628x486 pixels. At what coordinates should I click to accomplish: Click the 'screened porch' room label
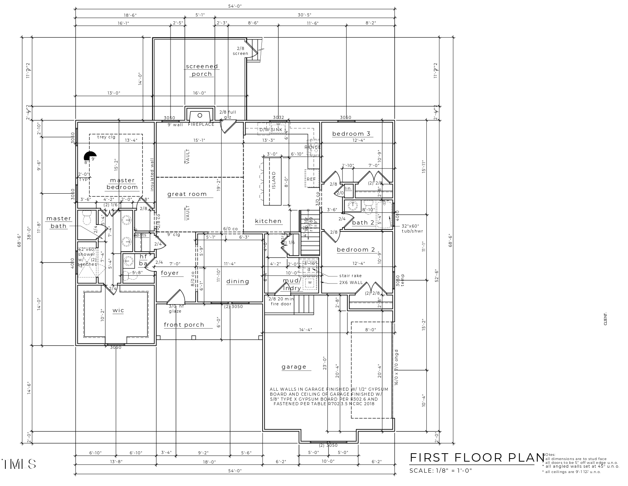(x=202, y=70)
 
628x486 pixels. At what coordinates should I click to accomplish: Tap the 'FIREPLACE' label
(x=201, y=125)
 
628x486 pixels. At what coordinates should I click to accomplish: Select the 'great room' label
(x=187, y=194)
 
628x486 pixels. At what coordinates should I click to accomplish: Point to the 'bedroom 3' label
(x=351, y=134)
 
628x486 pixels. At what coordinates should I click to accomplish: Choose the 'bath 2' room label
(x=363, y=223)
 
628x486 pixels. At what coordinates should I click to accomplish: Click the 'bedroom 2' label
(x=355, y=250)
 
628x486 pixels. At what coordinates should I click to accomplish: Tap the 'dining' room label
(x=237, y=281)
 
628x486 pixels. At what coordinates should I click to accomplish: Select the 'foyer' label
(x=169, y=273)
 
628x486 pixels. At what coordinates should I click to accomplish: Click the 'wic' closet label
(x=118, y=310)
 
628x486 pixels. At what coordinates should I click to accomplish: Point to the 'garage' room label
(x=294, y=367)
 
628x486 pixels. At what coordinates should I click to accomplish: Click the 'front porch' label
(x=184, y=325)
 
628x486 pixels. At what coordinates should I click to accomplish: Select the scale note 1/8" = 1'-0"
(x=440, y=470)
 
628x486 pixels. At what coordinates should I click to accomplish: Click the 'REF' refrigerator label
(x=311, y=179)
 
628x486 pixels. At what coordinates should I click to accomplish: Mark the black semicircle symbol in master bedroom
(x=91, y=156)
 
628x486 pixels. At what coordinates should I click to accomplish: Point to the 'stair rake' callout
(x=350, y=275)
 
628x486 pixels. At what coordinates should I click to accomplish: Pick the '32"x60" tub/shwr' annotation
(x=412, y=228)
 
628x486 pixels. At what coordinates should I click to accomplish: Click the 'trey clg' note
(x=106, y=137)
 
